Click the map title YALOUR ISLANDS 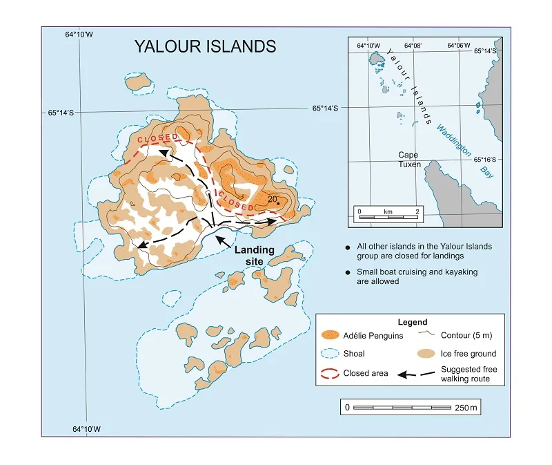(205, 46)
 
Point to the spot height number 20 (272, 199)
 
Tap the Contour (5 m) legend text (467, 335)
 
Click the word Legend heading (413, 322)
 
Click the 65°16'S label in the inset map (488, 159)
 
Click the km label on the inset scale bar (387, 210)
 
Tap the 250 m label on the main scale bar (466, 408)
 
